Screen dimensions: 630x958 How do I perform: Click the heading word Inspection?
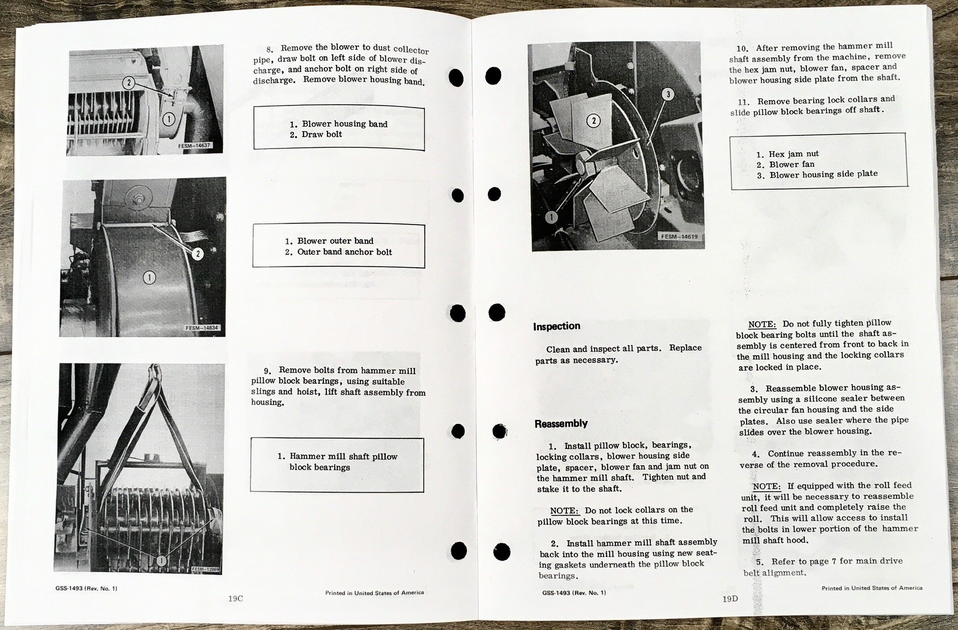556,326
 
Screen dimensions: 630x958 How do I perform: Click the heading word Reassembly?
560,423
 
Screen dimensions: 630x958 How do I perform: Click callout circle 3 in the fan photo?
668,94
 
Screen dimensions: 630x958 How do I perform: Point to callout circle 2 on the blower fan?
593,120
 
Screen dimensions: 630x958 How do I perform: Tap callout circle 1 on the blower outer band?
148,277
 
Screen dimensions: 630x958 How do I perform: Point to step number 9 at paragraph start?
267,371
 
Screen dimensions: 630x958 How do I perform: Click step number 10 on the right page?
742,49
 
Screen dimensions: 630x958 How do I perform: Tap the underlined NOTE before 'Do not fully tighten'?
762,324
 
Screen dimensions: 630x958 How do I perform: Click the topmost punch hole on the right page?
493,76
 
